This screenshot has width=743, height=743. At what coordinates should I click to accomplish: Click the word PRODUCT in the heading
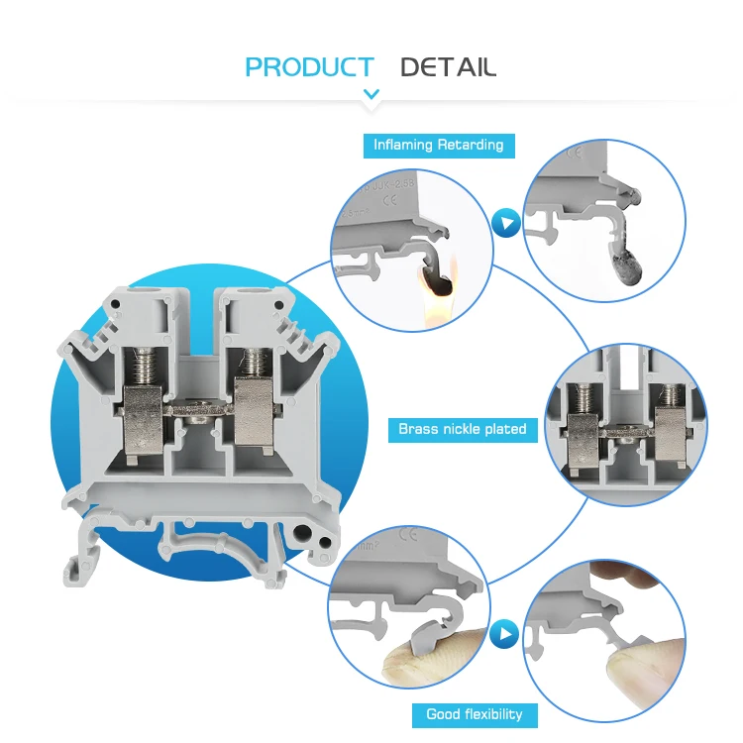[x=309, y=67]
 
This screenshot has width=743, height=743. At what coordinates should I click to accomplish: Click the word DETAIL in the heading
[x=448, y=67]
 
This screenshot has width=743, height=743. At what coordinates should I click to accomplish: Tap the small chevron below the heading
[x=371, y=95]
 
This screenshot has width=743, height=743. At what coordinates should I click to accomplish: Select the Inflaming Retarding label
[x=438, y=145]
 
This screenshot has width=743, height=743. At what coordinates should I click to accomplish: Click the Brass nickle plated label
[x=462, y=429]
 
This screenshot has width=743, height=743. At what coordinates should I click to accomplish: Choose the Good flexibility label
[x=474, y=713]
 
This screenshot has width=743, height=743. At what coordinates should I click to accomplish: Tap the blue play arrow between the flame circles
[x=506, y=224]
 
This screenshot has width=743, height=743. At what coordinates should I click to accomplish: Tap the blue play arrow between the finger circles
[x=506, y=631]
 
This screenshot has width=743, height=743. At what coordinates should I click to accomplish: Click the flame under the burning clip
[x=436, y=293]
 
